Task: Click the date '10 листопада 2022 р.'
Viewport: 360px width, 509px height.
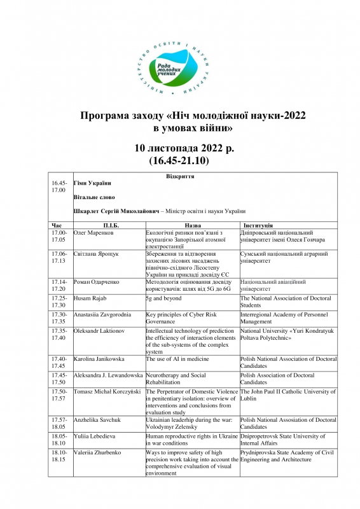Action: click(180, 148)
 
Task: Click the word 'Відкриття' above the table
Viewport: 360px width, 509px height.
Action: click(179, 176)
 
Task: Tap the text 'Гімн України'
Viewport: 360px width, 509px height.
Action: click(92, 184)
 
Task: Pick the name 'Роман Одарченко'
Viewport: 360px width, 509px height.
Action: click(99, 281)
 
